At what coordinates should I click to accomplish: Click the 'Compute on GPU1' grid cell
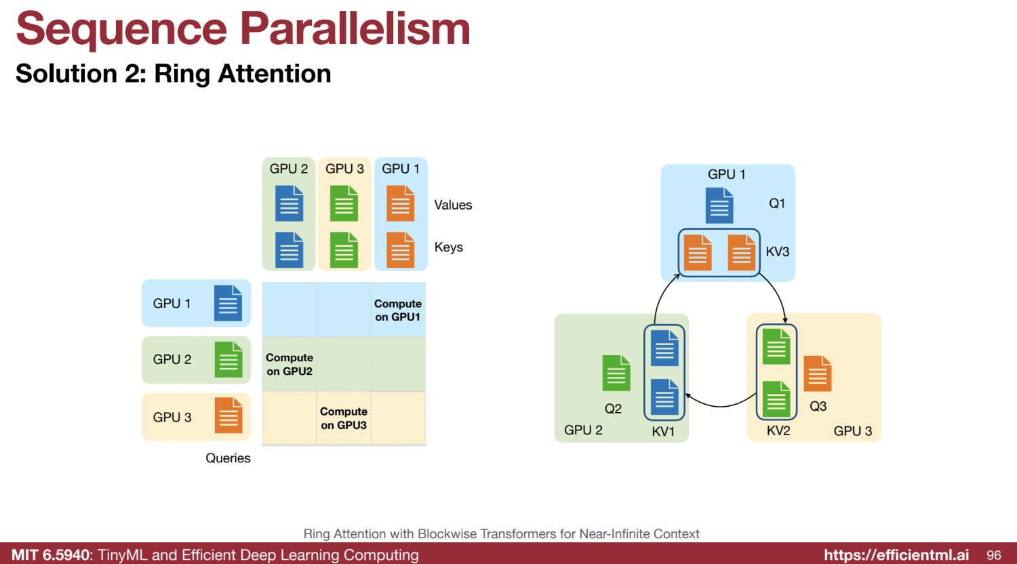398,310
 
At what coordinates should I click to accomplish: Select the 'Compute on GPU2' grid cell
290,364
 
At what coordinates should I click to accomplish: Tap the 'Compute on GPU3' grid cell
344,418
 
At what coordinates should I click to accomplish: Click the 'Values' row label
453,205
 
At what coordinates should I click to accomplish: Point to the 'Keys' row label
449,247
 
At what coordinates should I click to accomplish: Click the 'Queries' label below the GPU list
228,458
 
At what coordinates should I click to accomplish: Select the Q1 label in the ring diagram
777,203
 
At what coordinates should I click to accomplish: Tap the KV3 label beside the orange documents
777,251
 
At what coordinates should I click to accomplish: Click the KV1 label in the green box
663,431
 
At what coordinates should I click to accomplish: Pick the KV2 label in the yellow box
778,430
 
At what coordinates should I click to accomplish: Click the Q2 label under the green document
613,409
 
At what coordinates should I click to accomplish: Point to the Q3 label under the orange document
818,407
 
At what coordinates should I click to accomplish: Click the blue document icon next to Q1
719,205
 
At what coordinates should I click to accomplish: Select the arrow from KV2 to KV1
720,406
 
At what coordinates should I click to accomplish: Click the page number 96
994,555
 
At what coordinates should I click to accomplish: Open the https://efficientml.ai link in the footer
896,555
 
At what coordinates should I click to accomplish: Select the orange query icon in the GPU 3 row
228,416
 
